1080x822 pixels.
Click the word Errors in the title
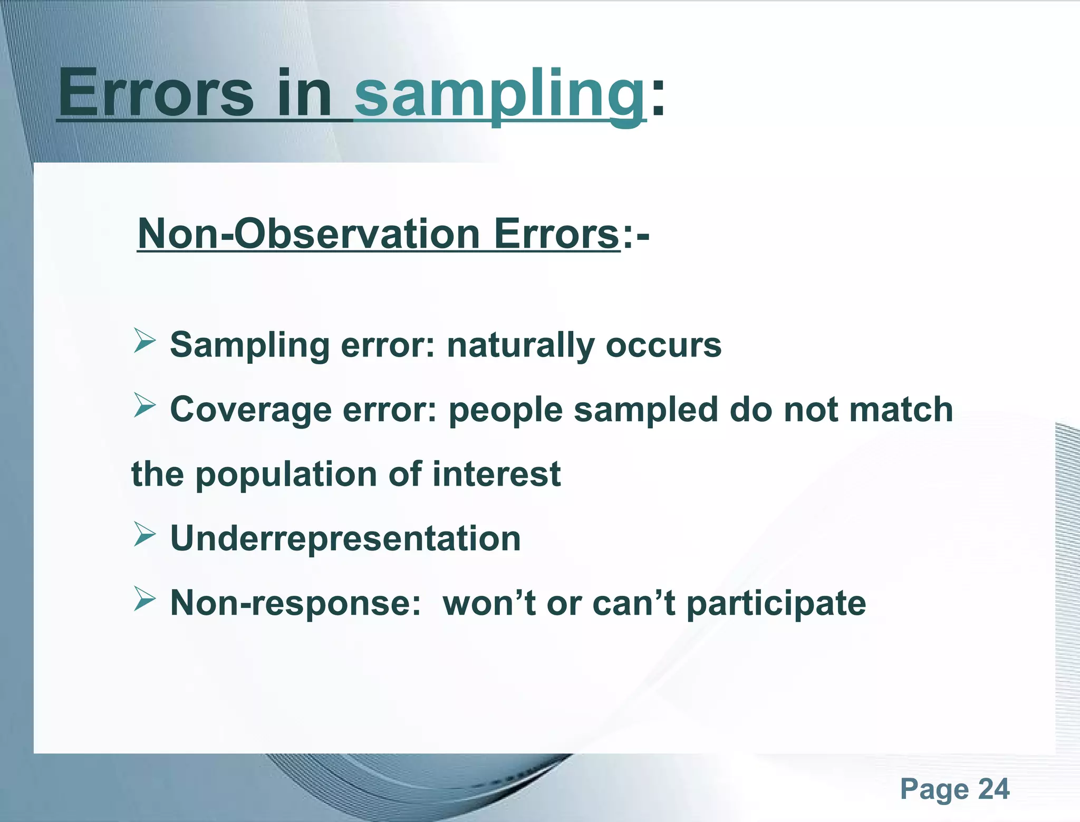click(156, 94)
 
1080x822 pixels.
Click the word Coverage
click(250, 410)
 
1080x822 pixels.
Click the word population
click(287, 475)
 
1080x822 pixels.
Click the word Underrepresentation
click(345, 539)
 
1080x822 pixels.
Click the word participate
click(776, 604)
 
